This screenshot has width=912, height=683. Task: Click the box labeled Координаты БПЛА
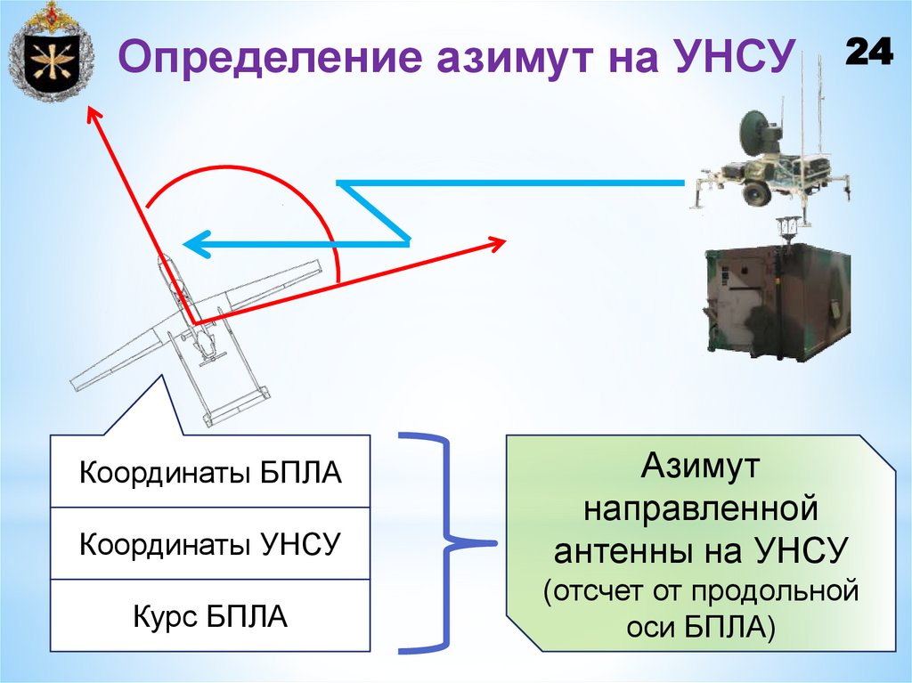point(210,472)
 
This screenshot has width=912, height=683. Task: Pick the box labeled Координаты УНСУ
point(210,543)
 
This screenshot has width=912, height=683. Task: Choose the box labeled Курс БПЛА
point(210,616)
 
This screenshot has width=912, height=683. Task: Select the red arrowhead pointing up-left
point(92,114)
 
